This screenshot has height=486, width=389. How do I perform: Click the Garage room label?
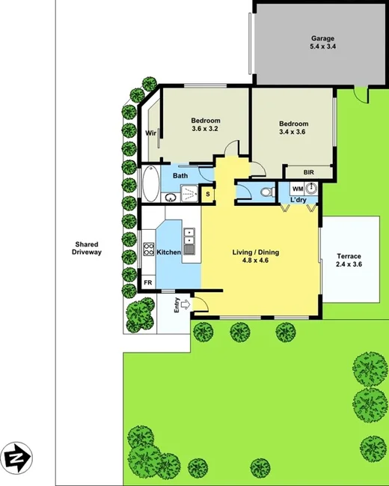click(x=323, y=38)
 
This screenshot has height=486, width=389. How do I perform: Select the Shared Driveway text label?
click(x=87, y=249)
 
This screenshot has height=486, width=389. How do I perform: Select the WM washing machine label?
click(x=297, y=188)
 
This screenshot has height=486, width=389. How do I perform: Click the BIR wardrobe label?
click(x=309, y=172)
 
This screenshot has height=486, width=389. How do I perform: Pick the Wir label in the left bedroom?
click(x=150, y=133)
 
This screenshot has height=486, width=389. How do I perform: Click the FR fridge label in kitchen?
click(x=148, y=282)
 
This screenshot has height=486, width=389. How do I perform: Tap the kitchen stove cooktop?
click(x=149, y=250)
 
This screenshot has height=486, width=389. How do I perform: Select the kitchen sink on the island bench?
click(x=189, y=241)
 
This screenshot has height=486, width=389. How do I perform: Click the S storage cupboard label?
click(x=207, y=195)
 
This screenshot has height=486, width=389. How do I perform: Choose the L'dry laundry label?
click(x=299, y=201)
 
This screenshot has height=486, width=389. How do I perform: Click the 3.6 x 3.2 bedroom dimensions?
click(x=205, y=130)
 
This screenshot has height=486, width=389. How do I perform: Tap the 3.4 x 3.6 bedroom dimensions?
click(x=293, y=133)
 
